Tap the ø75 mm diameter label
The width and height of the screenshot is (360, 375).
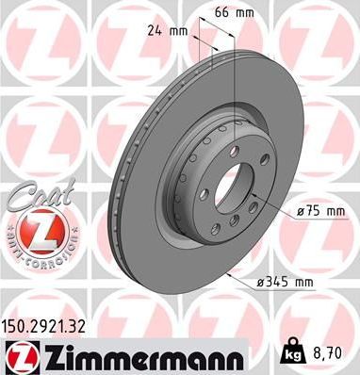tap(321, 213)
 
